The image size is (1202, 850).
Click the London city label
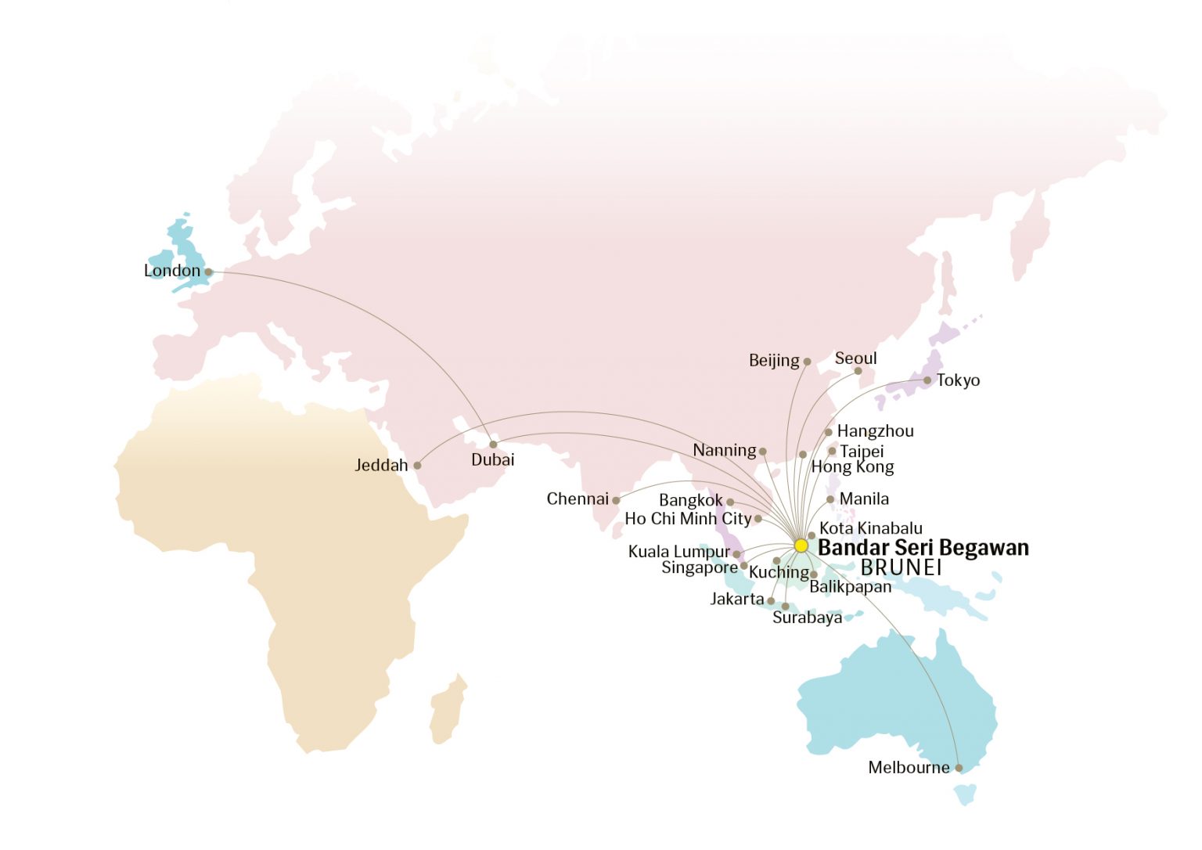tap(172, 271)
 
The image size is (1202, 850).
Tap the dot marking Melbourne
tap(959, 768)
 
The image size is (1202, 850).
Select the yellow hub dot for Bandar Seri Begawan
tap(801, 545)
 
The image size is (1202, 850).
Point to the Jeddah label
tap(382, 466)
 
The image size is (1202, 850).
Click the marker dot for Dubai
tap(493, 445)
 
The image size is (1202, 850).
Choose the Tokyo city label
tap(958, 380)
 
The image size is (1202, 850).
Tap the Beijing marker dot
tap(807, 362)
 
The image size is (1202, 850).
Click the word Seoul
tap(855, 358)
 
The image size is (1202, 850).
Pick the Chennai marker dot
tap(616, 500)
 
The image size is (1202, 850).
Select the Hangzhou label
tap(875, 431)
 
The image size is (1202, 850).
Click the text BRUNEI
tap(901, 567)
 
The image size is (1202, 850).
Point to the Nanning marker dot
tap(763, 452)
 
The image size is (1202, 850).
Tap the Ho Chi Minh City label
tap(688, 519)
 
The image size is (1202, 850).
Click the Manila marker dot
tap(830, 499)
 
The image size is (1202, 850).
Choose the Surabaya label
tap(807, 618)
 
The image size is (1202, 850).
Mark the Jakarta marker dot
tap(771, 601)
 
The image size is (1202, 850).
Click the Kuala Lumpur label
tap(678, 552)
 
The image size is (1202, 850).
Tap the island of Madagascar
tap(447, 711)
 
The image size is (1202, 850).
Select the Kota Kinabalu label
tap(870, 528)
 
